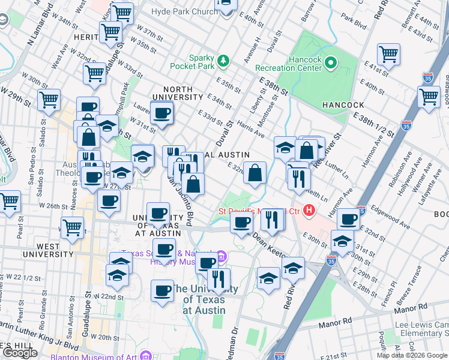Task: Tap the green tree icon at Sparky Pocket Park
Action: click(x=223, y=61)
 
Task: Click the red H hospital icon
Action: click(x=309, y=210)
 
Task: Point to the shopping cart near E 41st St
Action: click(x=389, y=54)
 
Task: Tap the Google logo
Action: click(x=20, y=353)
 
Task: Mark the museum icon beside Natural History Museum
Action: click(x=221, y=257)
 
